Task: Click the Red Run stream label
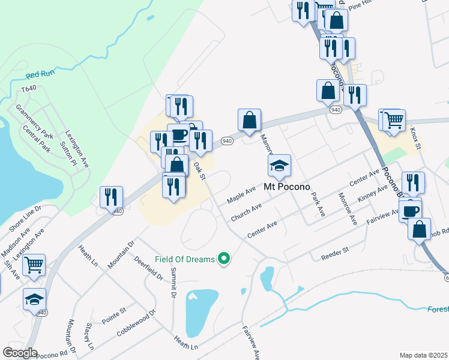pos(41,75)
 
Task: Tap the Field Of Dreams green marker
pos(224,259)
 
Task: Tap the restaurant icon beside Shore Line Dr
pos(112,197)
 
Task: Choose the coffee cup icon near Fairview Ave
pos(411,211)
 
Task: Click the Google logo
pos(20,353)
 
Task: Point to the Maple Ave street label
pos(241,194)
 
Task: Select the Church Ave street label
pos(246,211)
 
